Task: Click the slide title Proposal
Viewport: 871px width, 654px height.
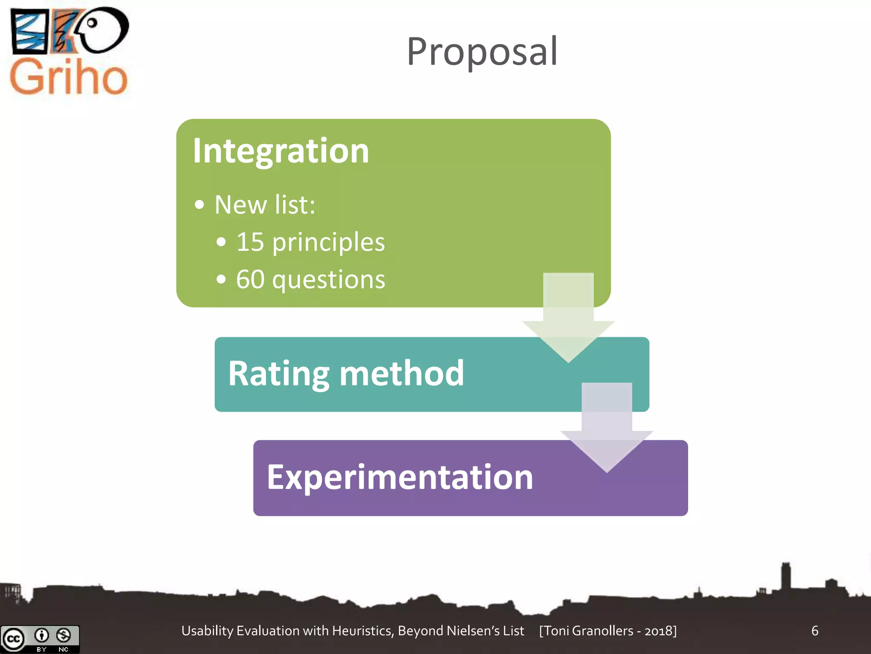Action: (x=482, y=52)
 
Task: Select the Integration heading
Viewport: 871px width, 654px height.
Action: (x=281, y=151)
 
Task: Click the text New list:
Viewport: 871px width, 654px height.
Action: (x=265, y=205)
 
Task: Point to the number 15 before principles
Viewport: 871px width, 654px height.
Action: (x=250, y=242)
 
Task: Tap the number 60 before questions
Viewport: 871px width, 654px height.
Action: (x=250, y=279)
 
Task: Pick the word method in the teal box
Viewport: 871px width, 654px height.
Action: (x=401, y=374)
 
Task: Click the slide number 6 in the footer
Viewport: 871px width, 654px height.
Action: (x=814, y=631)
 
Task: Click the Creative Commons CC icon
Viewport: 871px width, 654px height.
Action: (x=14, y=639)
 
